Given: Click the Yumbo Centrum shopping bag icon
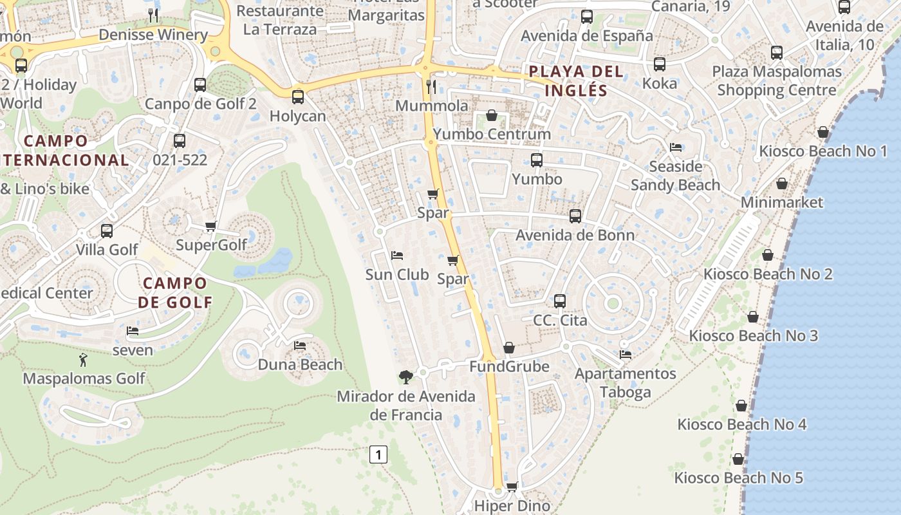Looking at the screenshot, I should click(x=492, y=115).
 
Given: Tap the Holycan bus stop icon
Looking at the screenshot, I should click(x=297, y=97).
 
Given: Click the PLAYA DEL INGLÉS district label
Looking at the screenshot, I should click(x=576, y=80).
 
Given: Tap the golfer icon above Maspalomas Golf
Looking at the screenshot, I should click(x=83, y=360).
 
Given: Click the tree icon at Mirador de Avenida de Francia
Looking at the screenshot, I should click(x=405, y=377).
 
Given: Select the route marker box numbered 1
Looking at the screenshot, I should click(x=378, y=454).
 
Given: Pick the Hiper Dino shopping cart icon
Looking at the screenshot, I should click(x=512, y=487).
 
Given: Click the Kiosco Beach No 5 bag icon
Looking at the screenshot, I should click(x=738, y=459).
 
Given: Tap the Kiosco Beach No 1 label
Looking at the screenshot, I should click(x=823, y=151).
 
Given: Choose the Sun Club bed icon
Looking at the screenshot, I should click(x=397, y=256).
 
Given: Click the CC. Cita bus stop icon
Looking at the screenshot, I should click(x=560, y=301).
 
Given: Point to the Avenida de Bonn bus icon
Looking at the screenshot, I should click(x=575, y=216).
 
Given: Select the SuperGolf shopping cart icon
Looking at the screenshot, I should click(x=210, y=226).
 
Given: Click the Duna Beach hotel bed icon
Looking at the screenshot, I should click(x=300, y=346).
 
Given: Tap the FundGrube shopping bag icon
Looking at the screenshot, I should click(x=509, y=348).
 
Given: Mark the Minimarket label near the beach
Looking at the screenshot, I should click(x=782, y=202).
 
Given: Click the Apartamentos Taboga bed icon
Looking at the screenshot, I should click(x=625, y=355).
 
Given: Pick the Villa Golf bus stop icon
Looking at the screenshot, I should click(x=107, y=230).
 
